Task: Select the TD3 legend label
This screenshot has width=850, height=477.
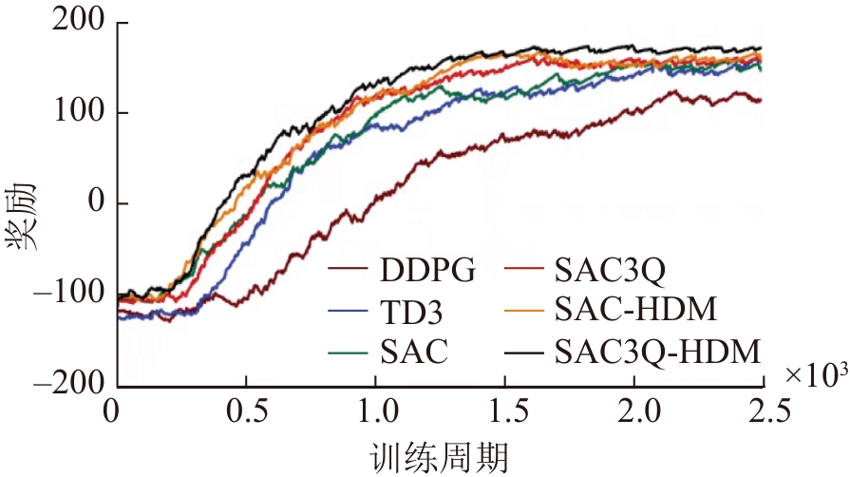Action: coord(413,313)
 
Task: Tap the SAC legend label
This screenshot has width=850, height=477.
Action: coord(414,353)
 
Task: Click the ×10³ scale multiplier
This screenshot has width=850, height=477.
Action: coord(817,375)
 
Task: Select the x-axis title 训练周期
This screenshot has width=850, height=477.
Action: coord(440,456)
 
